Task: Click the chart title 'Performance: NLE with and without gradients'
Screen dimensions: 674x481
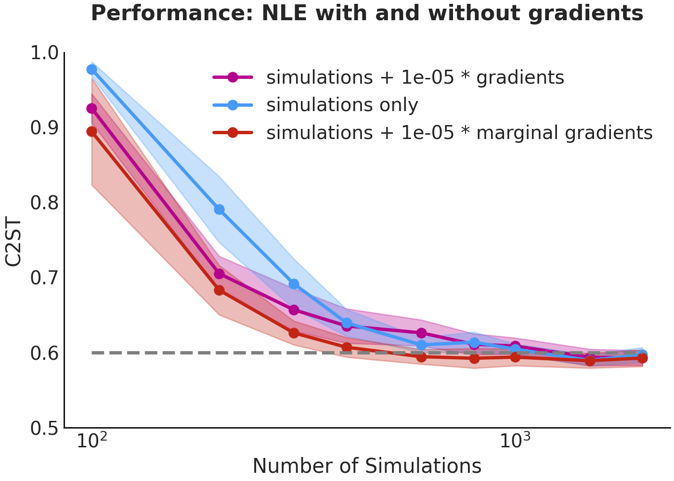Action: coord(367,13)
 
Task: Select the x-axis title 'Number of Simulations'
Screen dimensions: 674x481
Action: coord(367,466)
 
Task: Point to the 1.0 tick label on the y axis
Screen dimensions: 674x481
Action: coord(44,53)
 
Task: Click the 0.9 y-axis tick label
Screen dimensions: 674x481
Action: coord(44,128)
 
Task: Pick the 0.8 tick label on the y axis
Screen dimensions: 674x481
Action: coord(44,203)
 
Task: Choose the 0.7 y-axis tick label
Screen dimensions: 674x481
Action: coord(44,278)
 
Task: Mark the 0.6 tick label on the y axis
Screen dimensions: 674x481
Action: coord(44,353)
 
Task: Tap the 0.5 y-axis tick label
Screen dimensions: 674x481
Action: coord(44,429)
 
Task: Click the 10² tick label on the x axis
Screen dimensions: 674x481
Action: coord(92,441)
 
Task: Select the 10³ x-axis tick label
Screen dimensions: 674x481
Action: coord(515,441)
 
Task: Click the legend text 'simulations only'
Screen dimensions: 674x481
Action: coord(342,105)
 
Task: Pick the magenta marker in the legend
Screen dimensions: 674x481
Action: coord(233,77)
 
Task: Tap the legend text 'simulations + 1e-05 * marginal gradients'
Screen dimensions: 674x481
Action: coord(459,133)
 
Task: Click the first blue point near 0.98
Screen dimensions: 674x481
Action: coord(92,69)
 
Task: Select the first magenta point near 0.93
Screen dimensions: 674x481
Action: coord(92,108)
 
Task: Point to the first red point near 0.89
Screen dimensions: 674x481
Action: coord(92,131)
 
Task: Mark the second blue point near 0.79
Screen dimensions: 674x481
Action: coord(220,209)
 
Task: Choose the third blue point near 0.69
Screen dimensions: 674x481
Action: coord(294,284)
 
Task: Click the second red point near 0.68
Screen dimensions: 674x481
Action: coord(220,290)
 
